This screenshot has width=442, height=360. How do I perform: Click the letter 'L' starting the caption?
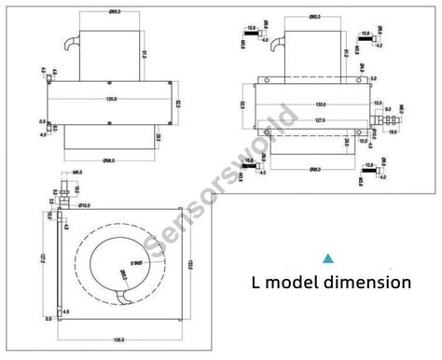pos(255,281)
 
